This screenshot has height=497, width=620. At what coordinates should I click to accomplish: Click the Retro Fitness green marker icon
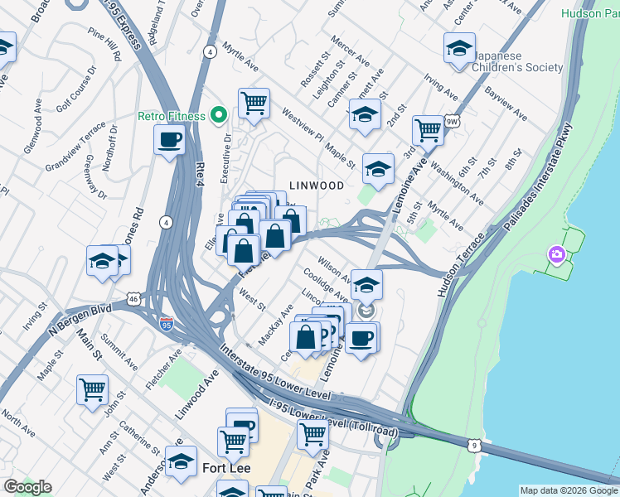point(219,115)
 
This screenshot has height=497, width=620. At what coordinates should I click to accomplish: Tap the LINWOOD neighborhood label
point(316,186)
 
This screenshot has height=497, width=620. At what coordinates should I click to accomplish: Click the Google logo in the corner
point(27,486)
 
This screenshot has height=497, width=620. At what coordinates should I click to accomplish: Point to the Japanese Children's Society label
point(508,62)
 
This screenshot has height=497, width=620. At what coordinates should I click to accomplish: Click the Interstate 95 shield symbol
point(167,323)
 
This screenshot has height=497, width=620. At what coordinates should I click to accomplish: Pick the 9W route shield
point(452,122)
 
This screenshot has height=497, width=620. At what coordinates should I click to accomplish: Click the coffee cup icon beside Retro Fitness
point(170,140)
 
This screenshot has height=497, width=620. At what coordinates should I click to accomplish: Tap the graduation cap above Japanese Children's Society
point(458,48)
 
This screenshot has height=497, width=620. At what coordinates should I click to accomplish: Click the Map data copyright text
point(568,490)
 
